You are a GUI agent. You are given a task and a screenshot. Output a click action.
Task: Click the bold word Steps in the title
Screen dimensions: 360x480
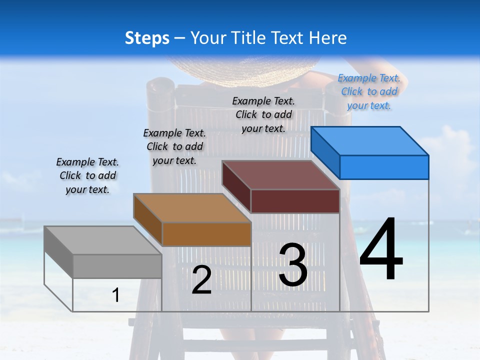147,38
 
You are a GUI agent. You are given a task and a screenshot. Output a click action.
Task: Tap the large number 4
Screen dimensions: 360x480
381,250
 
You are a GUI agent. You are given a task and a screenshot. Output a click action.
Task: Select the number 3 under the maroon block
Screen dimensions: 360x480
293,265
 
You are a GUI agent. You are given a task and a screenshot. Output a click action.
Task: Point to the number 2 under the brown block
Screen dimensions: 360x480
201,280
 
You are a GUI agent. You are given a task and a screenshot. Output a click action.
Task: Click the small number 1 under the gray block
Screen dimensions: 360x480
116,295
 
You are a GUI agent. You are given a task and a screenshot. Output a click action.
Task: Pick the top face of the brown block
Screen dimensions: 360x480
192,207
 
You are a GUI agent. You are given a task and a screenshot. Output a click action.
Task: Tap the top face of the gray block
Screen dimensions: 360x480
102,240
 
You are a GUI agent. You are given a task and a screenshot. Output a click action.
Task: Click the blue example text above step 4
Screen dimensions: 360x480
369,91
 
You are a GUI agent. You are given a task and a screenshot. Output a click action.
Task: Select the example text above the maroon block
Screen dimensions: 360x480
263,114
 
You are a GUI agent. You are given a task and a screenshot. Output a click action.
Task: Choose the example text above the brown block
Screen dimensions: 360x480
174,146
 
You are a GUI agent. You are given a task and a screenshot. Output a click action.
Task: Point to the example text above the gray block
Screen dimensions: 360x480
87,175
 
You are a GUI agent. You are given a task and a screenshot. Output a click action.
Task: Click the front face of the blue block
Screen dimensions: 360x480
384,167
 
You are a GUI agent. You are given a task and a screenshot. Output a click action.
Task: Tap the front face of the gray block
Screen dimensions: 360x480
117,266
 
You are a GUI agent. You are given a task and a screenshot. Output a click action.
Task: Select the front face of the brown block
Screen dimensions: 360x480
206,234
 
